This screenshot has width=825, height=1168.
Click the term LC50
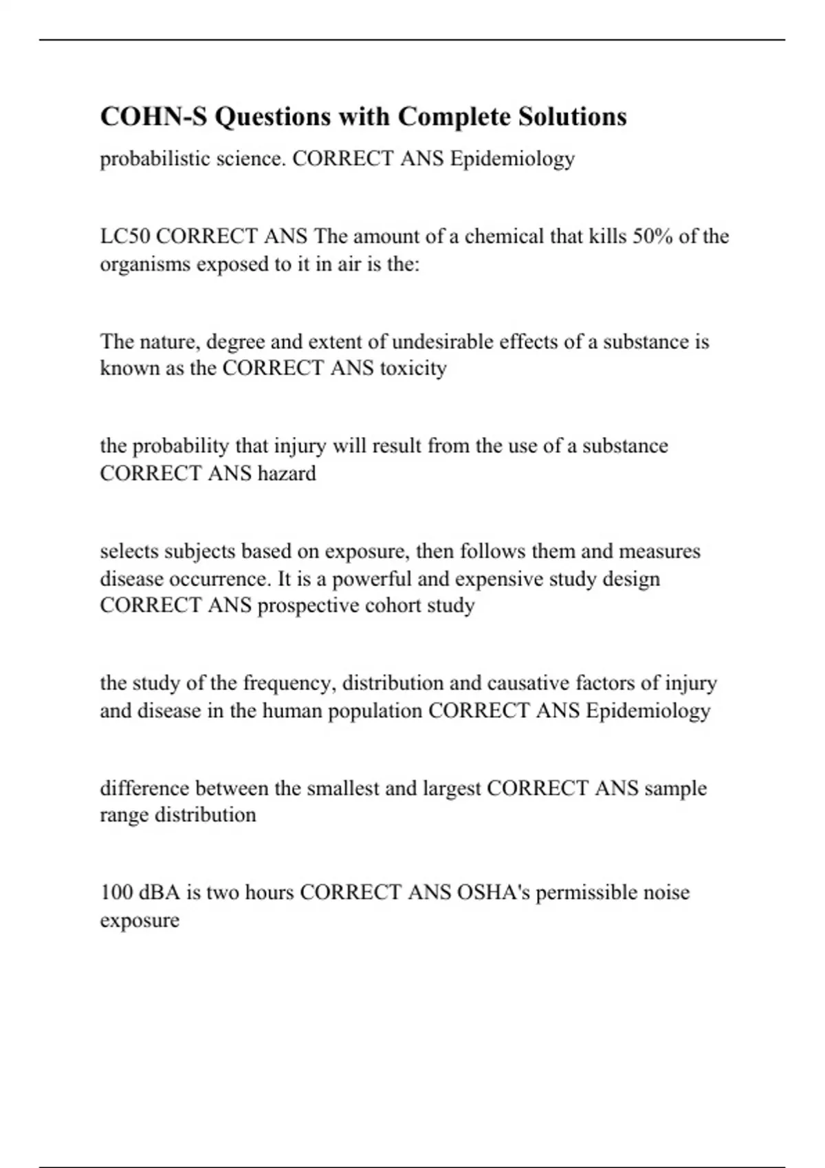(x=125, y=237)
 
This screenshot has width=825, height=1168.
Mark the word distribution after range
(x=205, y=816)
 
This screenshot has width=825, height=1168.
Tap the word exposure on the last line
(x=140, y=921)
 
